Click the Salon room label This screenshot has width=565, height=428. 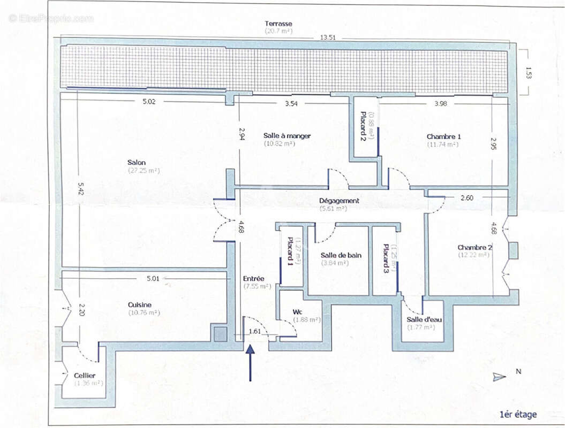pyautogui.click(x=137, y=163)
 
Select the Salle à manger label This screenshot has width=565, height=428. pyautogui.click(x=287, y=136)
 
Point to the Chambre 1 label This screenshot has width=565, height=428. pyautogui.click(x=444, y=136)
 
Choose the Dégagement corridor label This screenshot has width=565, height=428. pyautogui.click(x=339, y=201)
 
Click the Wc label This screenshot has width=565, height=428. pyautogui.click(x=298, y=312)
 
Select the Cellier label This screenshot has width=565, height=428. pyautogui.click(x=85, y=376)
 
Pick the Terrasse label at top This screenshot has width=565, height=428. pyautogui.click(x=278, y=24)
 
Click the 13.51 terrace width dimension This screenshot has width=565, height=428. pyautogui.click(x=328, y=38)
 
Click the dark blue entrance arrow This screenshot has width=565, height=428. pyautogui.click(x=250, y=363)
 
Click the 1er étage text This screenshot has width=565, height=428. pyautogui.click(x=517, y=414)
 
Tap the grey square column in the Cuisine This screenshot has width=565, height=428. pyautogui.click(x=220, y=335)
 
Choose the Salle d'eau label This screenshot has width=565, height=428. pyautogui.click(x=424, y=320)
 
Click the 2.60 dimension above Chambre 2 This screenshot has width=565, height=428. pyautogui.click(x=467, y=197)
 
